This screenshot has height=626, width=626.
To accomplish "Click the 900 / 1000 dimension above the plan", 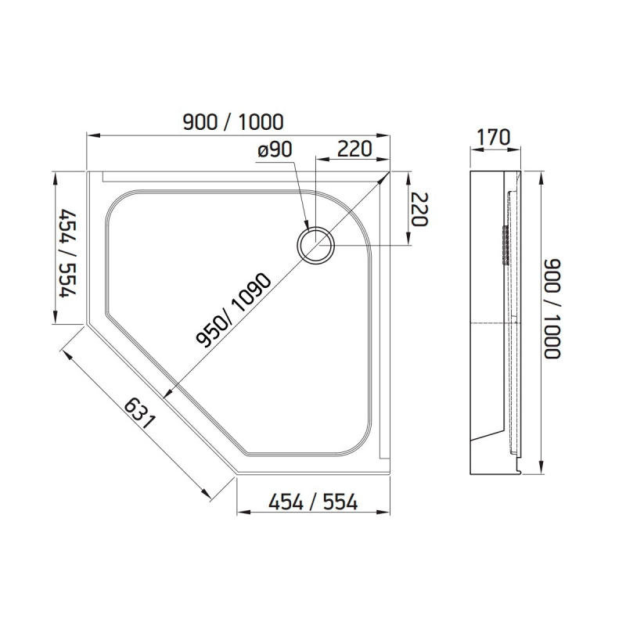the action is pyautogui.click(x=233, y=122).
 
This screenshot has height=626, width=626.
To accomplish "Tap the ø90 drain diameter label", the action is pyautogui.click(x=275, y=149).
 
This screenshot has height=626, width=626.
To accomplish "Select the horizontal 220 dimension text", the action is pyautogui.click(x=354, y=149).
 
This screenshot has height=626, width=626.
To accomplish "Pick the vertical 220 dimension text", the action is pyautogui.click(x=419, y=209).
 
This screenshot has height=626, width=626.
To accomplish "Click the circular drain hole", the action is pyautogui.click(x=315, y=244).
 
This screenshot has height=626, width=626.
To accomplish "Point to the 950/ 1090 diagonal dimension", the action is pyautogui.click(x=234, y=310).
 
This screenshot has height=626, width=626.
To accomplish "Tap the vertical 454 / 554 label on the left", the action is pyautogui.click(x=67, y=253).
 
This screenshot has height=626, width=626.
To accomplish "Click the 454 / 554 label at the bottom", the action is pyautogui.click(x=313, y=502).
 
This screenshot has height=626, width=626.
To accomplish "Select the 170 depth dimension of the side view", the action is pyautogui.click(x=494, y=138).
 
